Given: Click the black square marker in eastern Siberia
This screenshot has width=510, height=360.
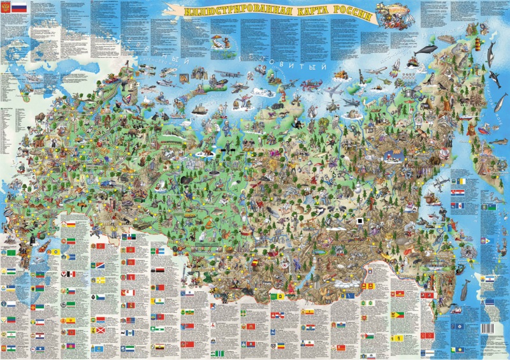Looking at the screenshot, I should [x=361, y=221].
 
